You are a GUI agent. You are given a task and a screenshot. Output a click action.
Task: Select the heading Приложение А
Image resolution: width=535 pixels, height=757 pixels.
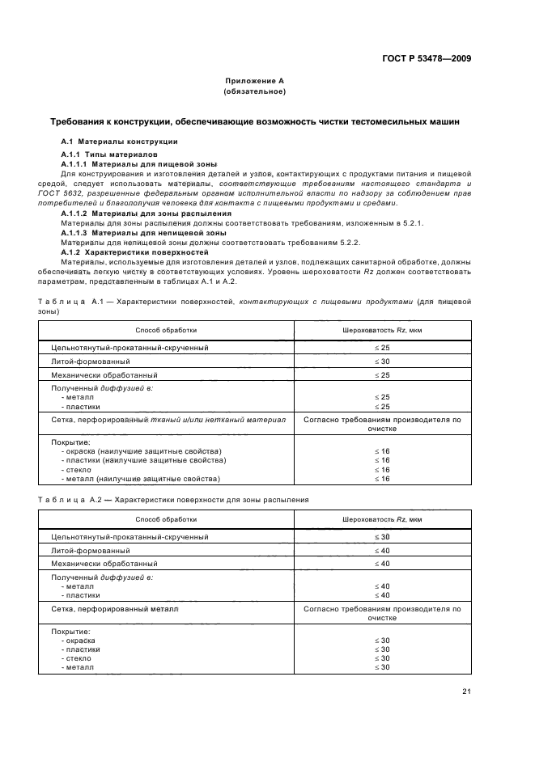[x=254, y=82]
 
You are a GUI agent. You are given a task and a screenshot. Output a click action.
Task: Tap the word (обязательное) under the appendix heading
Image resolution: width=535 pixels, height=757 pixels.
[x=254, y=91]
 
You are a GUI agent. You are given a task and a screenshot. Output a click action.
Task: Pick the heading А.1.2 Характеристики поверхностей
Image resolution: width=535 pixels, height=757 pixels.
[x=123, y=252]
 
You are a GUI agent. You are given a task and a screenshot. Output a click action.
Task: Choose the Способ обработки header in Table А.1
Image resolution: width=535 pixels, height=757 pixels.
[x=166, y=330]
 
